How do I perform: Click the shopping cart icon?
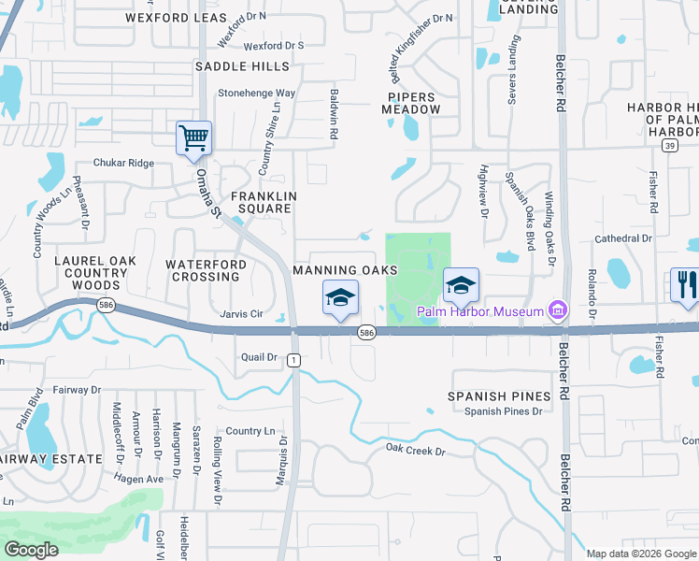click(x=193, y=138)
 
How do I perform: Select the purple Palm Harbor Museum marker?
click(x=559, y=310)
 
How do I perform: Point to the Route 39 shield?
click(x=668, y=146)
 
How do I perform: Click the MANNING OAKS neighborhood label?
click(x=346, y=270)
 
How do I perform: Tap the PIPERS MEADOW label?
click(x=410, y=103)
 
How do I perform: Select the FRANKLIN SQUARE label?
click(x=264, y=202)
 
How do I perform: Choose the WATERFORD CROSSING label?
click(x=206, y=270)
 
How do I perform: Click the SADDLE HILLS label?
click(x=242, y=66)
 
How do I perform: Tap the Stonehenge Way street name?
click(x=256, y=93)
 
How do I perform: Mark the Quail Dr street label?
click(x=260, y=357)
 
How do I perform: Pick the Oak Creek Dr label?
click(x=416, y=451)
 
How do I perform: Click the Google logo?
click(x=32, y=550)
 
